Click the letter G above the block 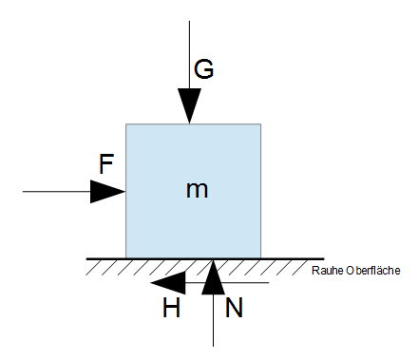(x=203, y=68)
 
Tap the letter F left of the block (x=106, y=163)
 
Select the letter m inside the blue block (x=197, y=190)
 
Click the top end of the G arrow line (x=190, y=19)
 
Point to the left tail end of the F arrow (x=23, y=191)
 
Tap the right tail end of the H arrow (x=270, y=282)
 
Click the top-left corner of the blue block (x=126, y=123)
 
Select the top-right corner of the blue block (x=261, y=123)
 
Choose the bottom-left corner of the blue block (x=126, y=257)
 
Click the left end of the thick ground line (x=86, y=258)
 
